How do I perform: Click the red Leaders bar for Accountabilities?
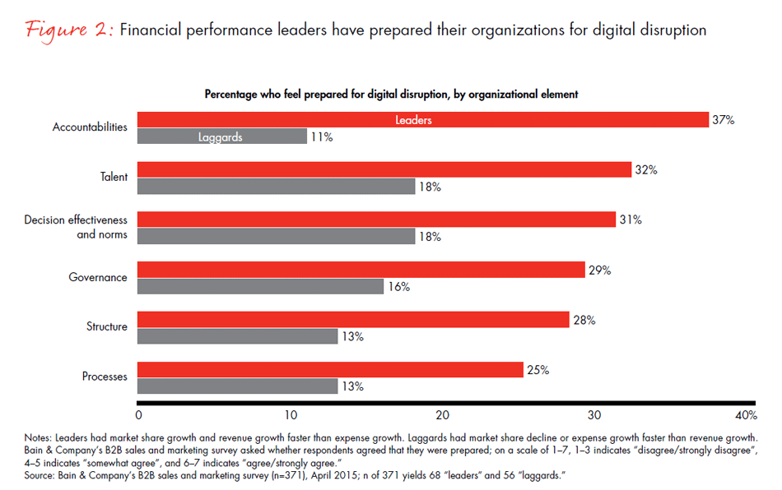pos(423,120)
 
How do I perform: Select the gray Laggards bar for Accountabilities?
pos(221,137)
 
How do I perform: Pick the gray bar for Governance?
pos(260,286)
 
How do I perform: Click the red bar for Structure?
pos(353,319)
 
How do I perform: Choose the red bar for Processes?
pos(330,369)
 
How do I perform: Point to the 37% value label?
pos(724,120)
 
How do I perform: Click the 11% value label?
pos(322,137)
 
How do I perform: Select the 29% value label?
pos(598,270)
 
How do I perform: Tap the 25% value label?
pos(538,369)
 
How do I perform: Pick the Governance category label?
pos(98,277)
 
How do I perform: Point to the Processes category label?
pos(105,377)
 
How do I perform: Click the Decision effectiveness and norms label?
pos(76,227)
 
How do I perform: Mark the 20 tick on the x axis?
pos(442,413)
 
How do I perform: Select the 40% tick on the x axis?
pos(744,413)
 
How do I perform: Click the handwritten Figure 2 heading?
pos(68,30)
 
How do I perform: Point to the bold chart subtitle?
pos(391,94)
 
